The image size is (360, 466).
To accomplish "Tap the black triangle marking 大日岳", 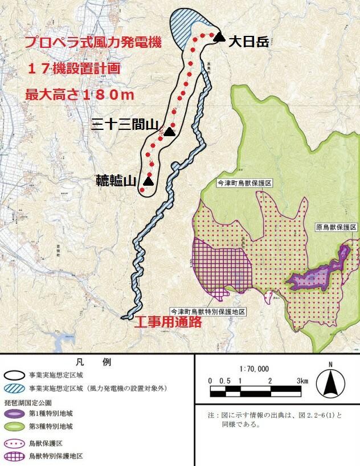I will click(x=219, y=38).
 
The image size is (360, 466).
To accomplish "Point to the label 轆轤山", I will click(x=116, y=181).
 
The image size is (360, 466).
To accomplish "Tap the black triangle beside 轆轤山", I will click(x=148, y=181).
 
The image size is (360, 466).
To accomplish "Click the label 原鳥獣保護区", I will click(x=336, y=227).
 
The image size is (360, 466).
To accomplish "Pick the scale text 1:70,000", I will click(x=255, y=369).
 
